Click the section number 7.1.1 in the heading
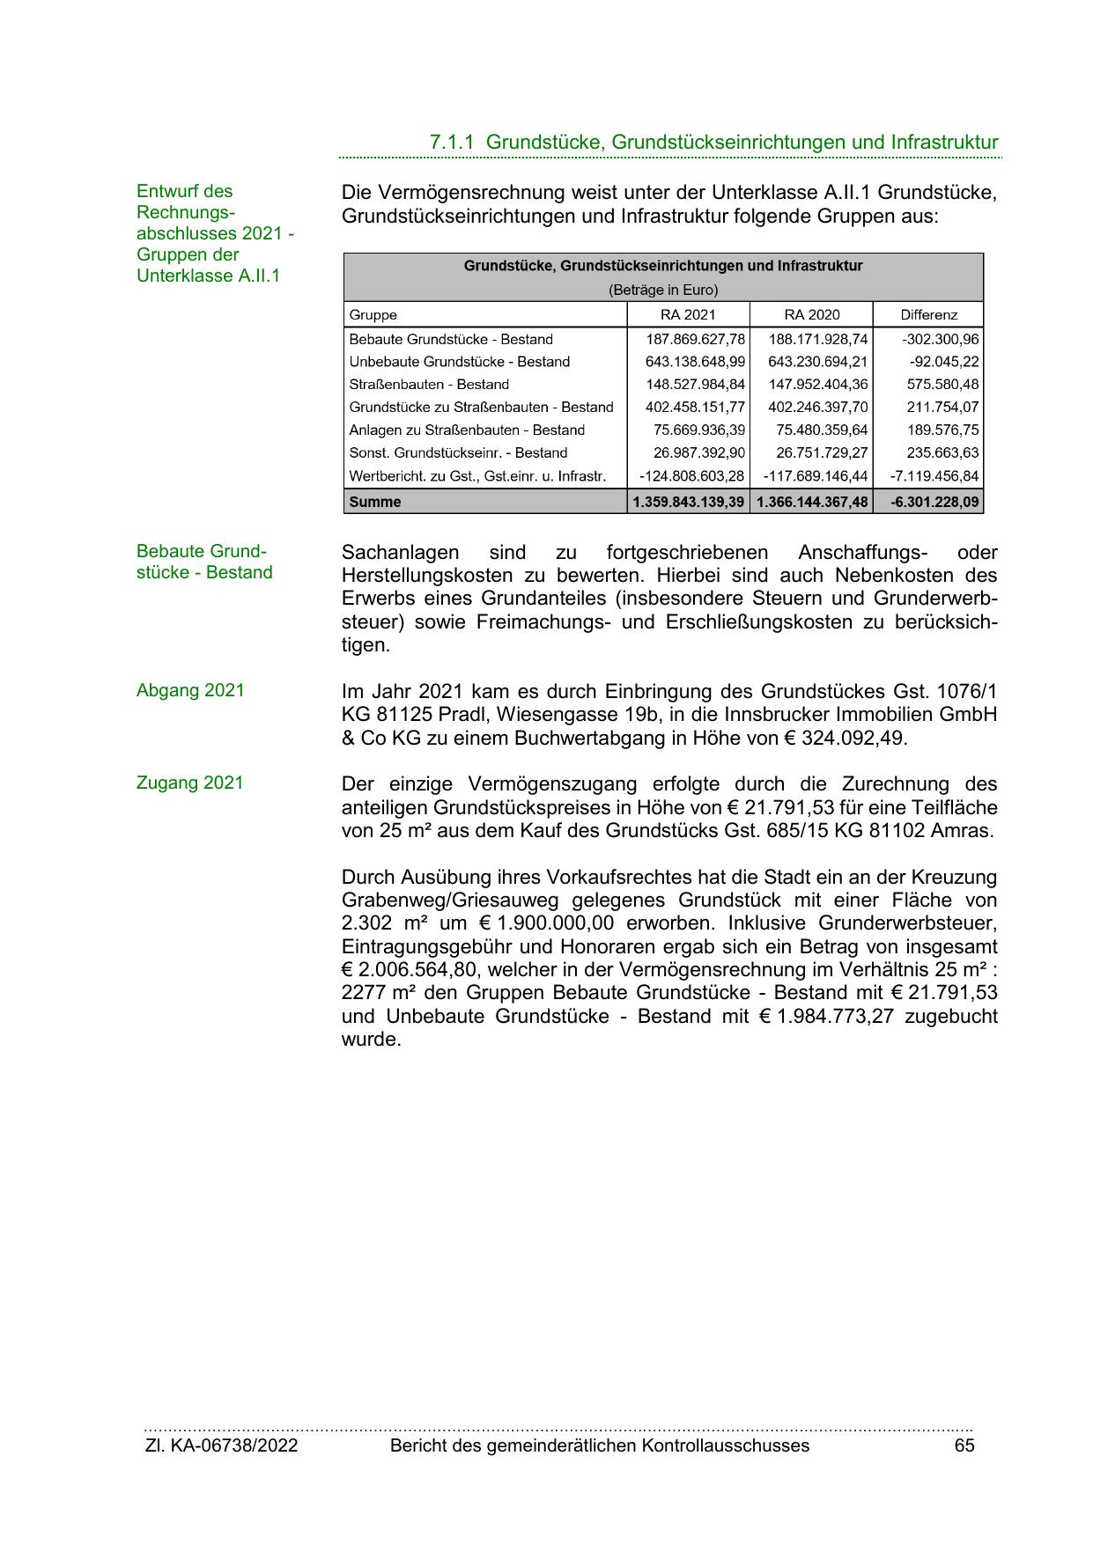[x=452, y=143]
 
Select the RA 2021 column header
[x=688, y=315]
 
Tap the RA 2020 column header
[x=811, y=315]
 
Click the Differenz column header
[x=928, y=315]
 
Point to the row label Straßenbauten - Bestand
[x=429, y=385]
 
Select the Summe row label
[x=375, y=503]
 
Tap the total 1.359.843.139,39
[x=689, y=503]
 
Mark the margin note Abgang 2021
[x=190, y=691]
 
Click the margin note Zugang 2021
[x=189, y=783]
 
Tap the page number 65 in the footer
[x=964, y=1445]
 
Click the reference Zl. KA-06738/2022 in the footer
[x=221, y=1445]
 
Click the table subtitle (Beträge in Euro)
[x=663, y=290]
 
